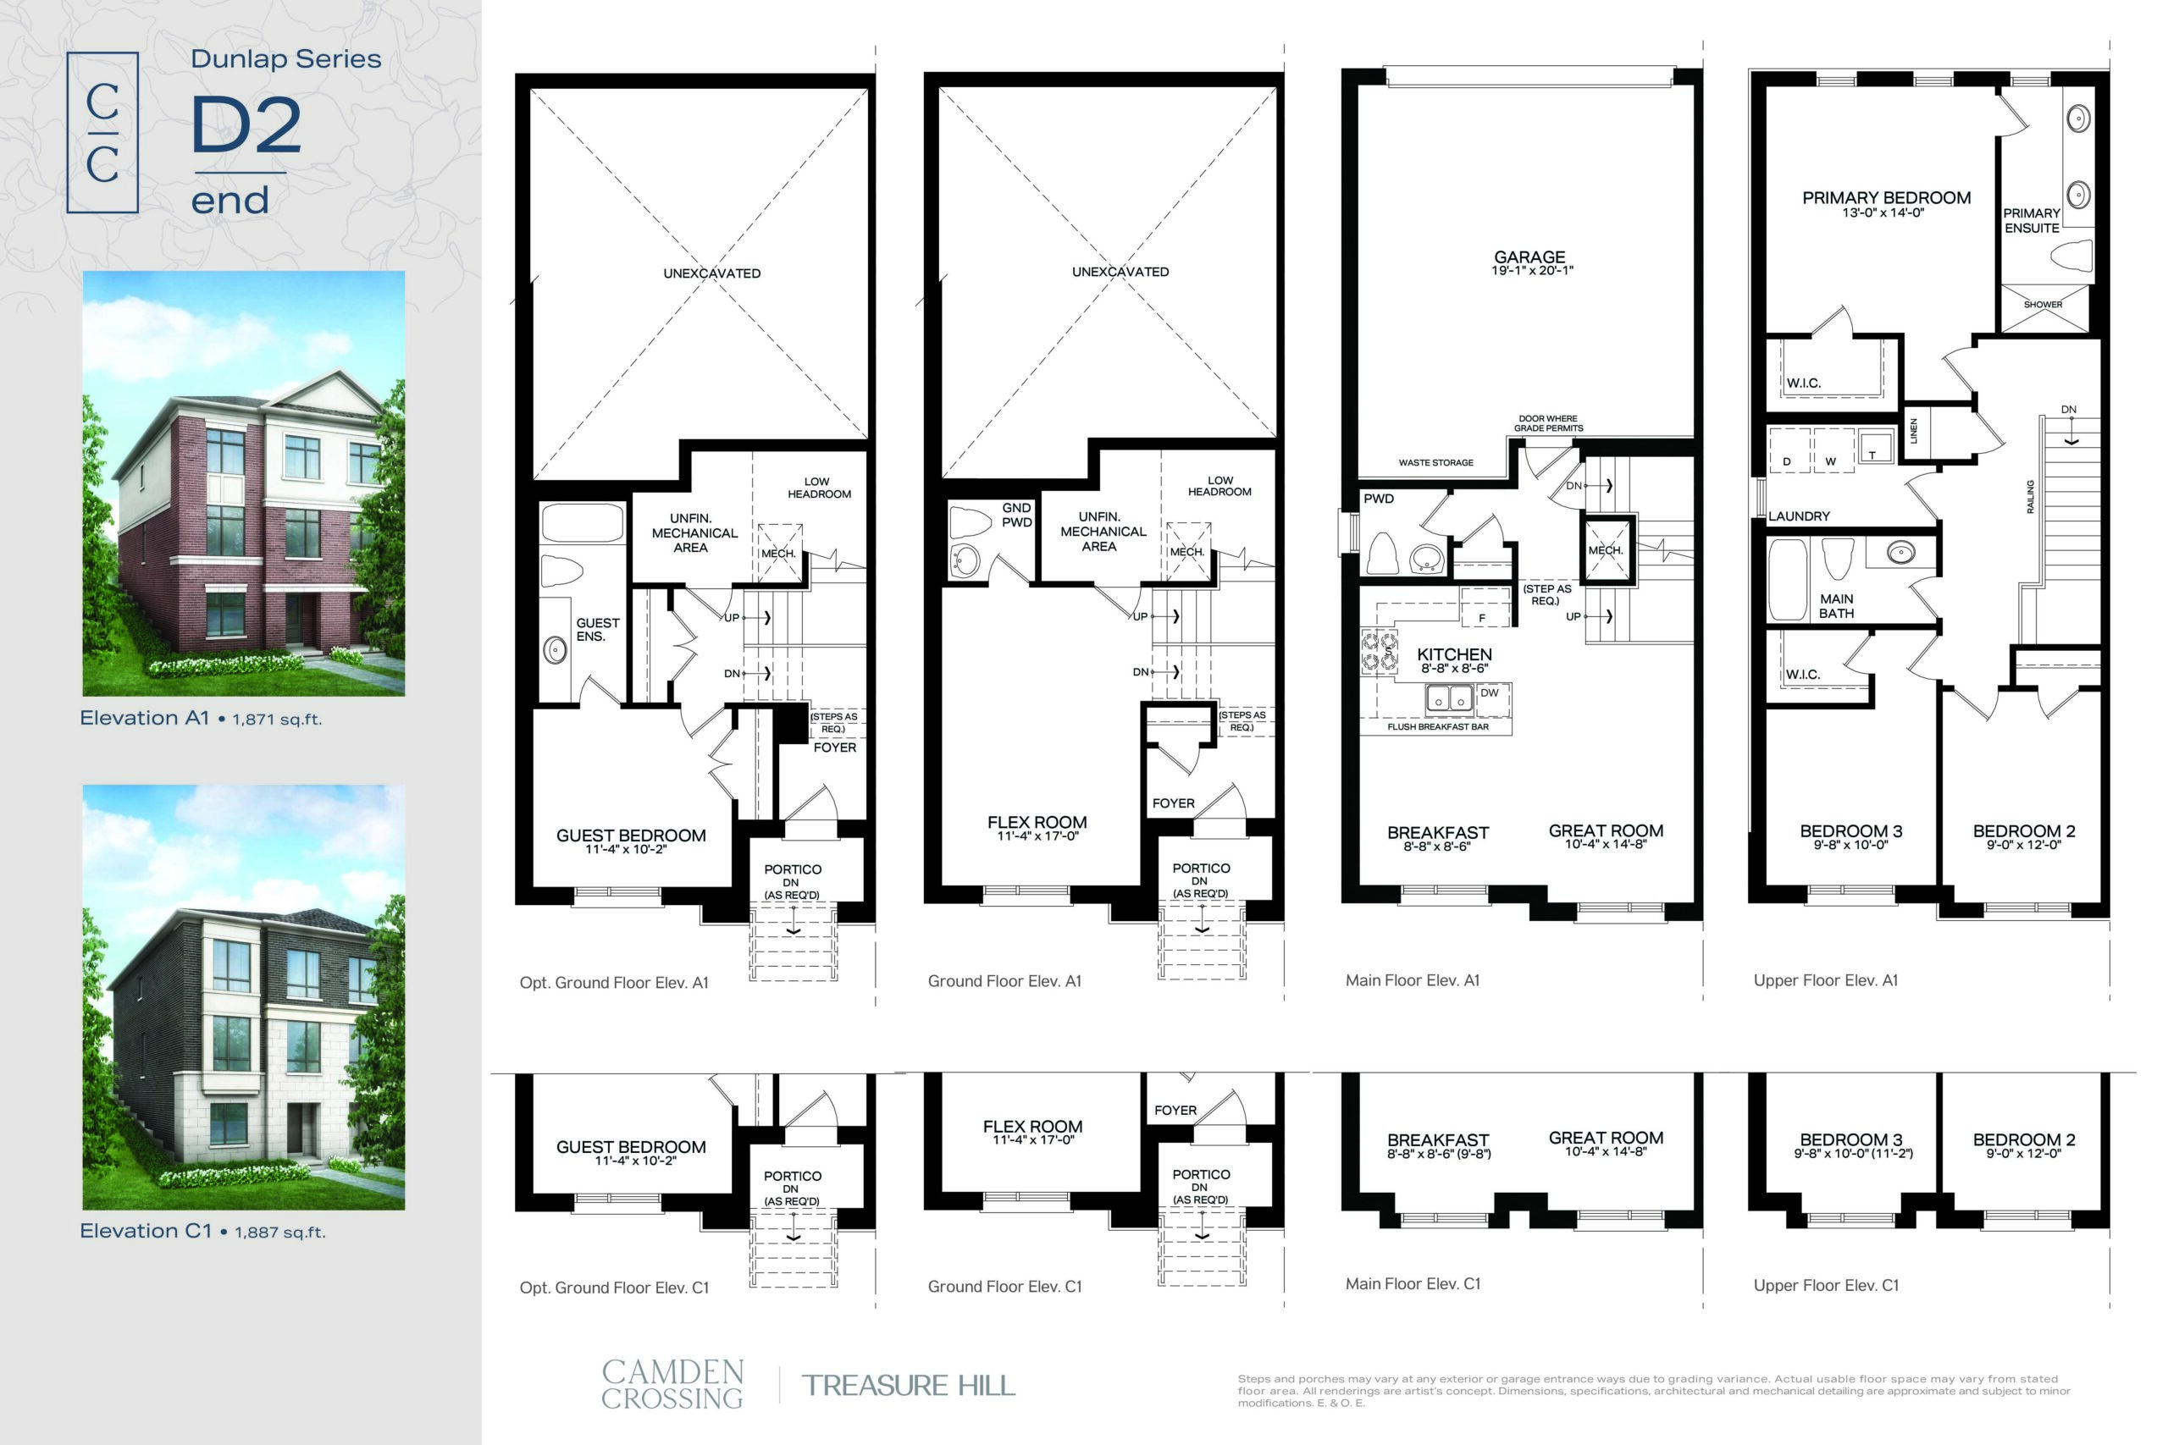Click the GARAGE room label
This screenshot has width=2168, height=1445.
(1529, 257)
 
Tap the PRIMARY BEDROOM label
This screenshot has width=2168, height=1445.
(1886, 198)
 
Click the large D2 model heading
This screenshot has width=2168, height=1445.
(246, 125)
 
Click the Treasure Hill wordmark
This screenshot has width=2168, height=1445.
(908, 1385)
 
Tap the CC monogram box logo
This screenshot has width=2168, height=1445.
(102, 133)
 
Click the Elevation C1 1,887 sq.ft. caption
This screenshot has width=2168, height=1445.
(202, 1231)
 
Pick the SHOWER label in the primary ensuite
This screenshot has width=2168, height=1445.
(2043, 304)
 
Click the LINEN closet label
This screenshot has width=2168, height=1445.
(1914, 430)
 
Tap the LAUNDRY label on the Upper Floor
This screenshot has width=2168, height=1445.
(1799, 516)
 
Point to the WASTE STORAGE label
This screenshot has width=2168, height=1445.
(1435, 463)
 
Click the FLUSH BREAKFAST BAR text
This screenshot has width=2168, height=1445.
(1438, 727)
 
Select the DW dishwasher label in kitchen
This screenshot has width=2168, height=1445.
(1490, 693)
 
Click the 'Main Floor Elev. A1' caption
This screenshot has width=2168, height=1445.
(1412, 980)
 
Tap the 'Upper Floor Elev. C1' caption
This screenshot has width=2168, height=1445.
(1826, 1286)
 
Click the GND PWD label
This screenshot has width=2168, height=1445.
(1017, 516)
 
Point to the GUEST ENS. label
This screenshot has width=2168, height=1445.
(597, 630)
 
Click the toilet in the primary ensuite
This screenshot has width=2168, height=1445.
(2074, 256)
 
